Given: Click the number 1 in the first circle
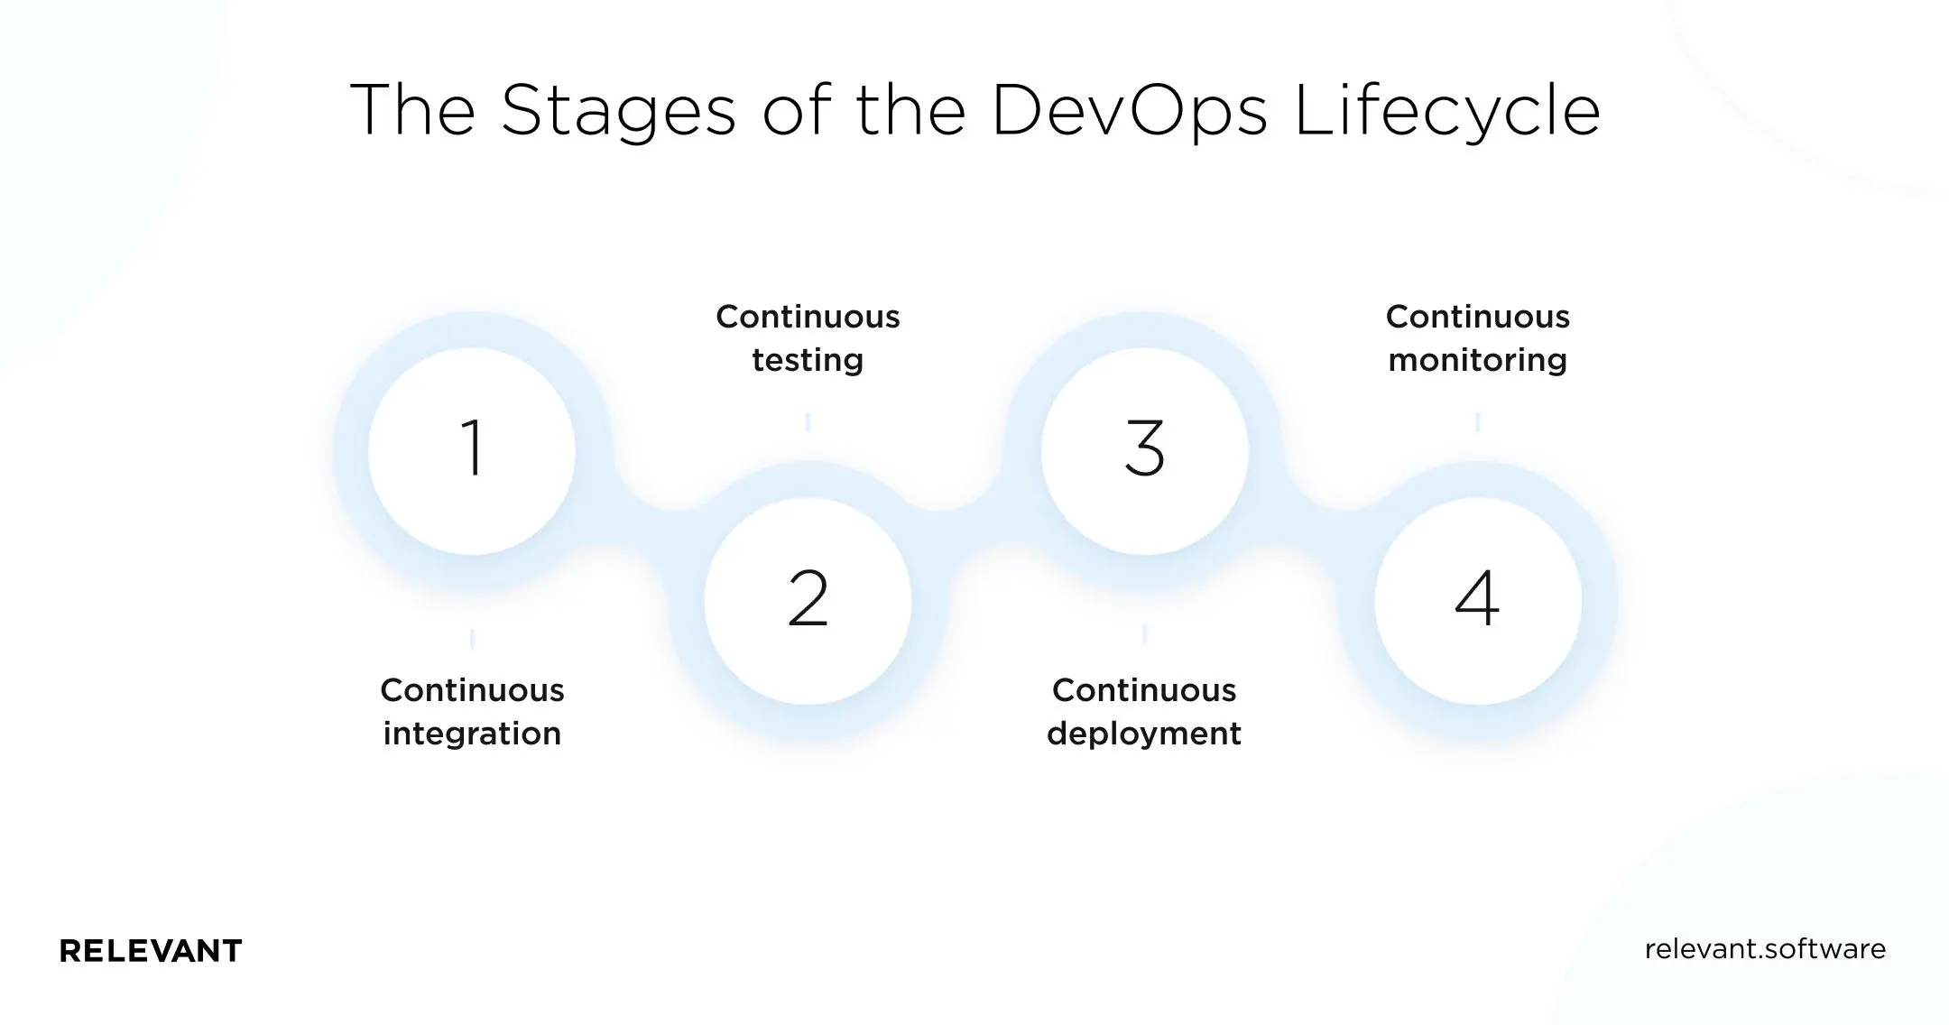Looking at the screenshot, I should click(472, 448).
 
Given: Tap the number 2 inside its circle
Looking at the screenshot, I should click(808, 598).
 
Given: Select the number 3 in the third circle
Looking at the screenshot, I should click(1144, 448).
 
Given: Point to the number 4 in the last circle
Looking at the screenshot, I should click(1477, 598).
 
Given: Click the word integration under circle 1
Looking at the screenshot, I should click(472, 734).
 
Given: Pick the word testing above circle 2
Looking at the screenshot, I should click(808, 360).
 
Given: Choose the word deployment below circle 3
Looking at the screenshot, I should click(1144, 734).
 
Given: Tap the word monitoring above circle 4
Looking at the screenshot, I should click(1477, 360).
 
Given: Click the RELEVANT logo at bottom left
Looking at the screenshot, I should click(151, 951).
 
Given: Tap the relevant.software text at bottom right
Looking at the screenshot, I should click(1765, 949).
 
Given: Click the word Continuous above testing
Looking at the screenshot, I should click(808, 317).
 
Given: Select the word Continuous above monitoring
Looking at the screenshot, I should click(1477, 317).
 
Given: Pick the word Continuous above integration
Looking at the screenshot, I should click(472, 690).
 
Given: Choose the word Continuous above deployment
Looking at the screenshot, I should click(1144, 690).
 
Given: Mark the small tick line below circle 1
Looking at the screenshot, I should click(472, 639).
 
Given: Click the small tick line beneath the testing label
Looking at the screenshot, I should click(808, 421).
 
